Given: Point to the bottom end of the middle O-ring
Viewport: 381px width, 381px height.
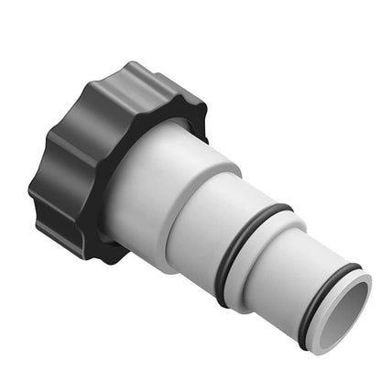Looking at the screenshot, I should click(224, 300).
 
